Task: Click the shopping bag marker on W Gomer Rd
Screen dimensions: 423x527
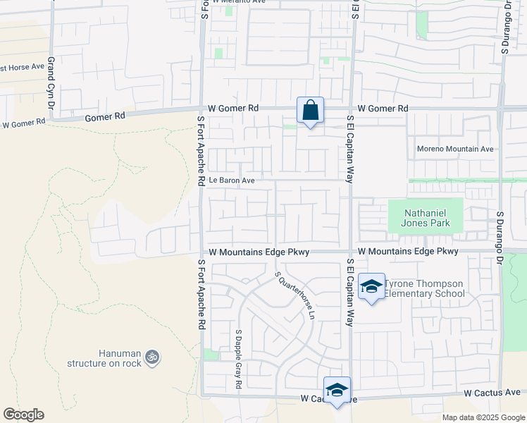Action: pyautogui.click(x=310, y=111)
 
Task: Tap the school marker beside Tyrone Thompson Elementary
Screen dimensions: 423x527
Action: pyautogui.click(x=371, y=286)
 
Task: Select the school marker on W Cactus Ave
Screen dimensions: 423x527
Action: pyautogui.click(x=337, y=390)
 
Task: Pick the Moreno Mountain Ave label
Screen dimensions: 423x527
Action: pyautogui.click(x=455, y=149)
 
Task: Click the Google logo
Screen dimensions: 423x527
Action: pyautogui.click(x=23, y=415)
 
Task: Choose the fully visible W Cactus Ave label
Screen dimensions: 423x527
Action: pyautogui.click(x=492, y=392)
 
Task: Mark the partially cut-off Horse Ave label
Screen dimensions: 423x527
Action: pyautogui.click(x=23, y=67)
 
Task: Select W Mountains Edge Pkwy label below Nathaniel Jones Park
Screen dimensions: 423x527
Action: pyautogui.click(x=408, y=251)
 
